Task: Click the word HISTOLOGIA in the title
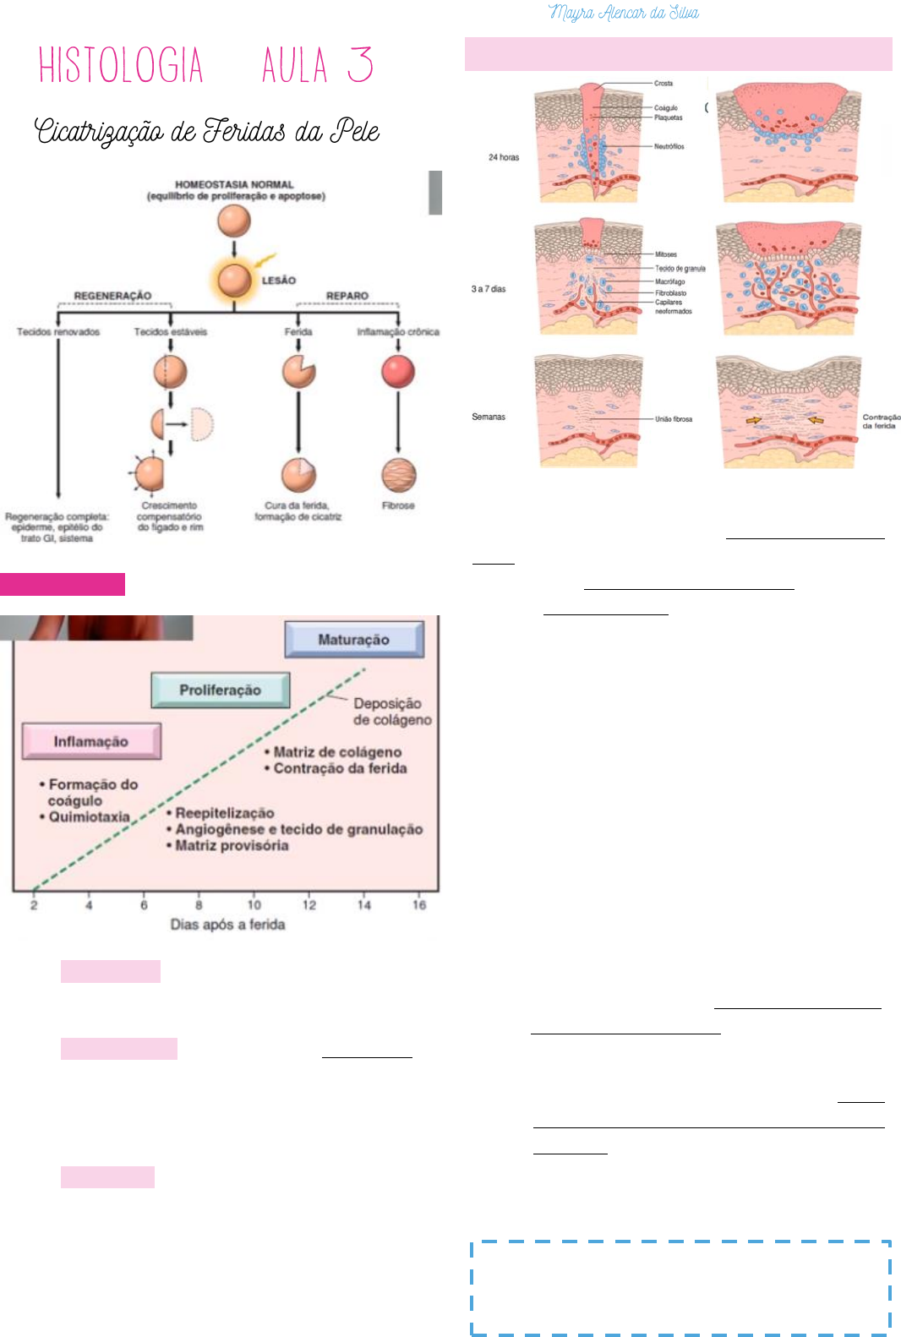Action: point(121,65)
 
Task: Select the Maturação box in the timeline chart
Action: point(354,640)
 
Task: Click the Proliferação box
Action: point(220,690)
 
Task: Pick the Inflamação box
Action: point(91,741)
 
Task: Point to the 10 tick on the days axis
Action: point(254,904)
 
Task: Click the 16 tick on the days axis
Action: point(419,904)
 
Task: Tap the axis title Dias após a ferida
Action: point(227,925)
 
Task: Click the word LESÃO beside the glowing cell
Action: point(279,281)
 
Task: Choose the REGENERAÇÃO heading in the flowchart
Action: point(112,296)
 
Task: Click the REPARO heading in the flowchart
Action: point(347,296)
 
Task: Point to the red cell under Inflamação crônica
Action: point(398,371)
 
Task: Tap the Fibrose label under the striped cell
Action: point(398,505)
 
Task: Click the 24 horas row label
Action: point(504,157)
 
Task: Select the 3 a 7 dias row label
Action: point(489,289)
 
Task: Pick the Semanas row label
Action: point(489,417)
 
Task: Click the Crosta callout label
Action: point(663,84)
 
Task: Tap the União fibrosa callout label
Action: point(674,419)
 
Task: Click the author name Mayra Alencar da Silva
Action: point(624,13)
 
